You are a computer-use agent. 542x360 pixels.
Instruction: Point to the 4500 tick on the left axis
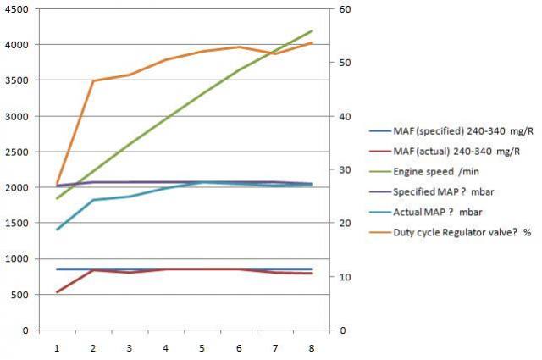[16, 9]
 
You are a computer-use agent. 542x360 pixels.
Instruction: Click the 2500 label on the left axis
[16, 152]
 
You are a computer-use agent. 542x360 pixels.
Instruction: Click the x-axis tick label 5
[202, 347]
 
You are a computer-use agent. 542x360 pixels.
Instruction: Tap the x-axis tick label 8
[312, 347]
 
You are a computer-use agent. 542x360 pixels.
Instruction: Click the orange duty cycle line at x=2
[93, 81]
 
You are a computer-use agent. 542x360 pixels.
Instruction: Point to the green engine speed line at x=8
[312, 31]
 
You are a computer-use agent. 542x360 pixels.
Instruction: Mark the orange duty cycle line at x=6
[239, 47]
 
